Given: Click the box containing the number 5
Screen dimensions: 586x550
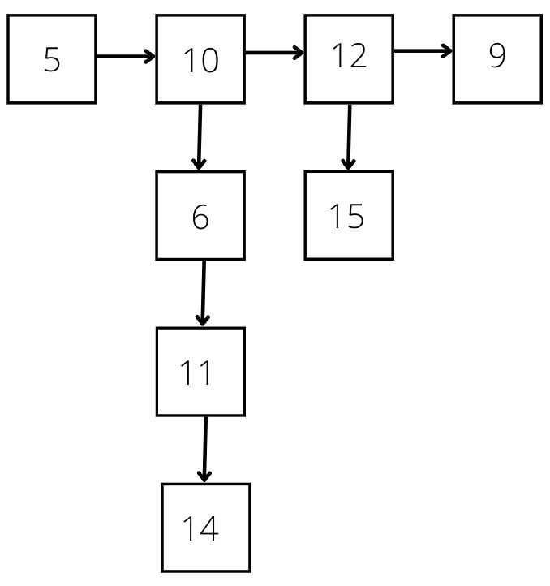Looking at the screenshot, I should coord(52,59).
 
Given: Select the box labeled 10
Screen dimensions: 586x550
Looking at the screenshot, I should coord(200,59).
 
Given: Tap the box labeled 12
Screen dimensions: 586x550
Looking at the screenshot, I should coord(349,59).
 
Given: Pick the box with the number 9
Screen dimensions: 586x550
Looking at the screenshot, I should coord(497,59).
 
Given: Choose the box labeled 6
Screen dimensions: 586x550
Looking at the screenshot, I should coord(200,215).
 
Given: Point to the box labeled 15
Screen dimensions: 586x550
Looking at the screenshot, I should coord(349,215).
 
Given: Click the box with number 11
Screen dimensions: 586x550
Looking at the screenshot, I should coord(200,372).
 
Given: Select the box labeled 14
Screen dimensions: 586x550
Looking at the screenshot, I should coord(205,528).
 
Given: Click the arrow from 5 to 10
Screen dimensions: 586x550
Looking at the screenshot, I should coord(126,57).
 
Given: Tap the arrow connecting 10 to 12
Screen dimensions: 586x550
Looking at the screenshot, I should coord(274,54).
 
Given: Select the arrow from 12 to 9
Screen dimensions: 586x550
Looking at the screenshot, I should coord(423,51).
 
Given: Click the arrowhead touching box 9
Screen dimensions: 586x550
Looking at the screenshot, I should coord(446,51).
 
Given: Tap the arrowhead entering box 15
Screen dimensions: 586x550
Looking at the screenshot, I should coord(348,164).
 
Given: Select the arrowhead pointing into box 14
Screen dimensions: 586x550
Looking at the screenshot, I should coord(204,476).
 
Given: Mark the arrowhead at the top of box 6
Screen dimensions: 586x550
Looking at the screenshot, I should coord(198,164).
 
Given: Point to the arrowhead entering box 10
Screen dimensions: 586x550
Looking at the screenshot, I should coord(149,57).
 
